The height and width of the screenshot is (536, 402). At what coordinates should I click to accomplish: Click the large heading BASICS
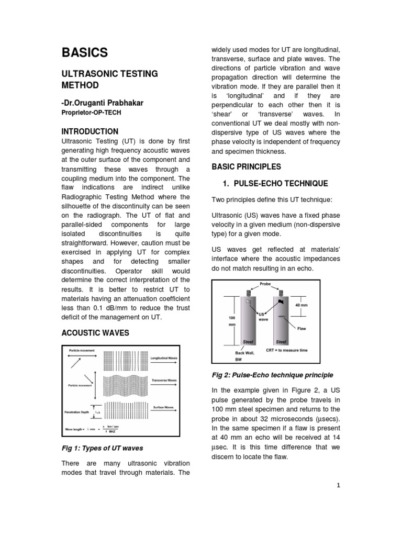85,52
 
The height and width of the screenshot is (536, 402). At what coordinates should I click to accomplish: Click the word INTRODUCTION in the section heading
91,131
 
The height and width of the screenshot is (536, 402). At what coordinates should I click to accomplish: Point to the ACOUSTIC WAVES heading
96,333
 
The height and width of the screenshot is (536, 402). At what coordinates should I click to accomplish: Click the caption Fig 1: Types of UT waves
103,448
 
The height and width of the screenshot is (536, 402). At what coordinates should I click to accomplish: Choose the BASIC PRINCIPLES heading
246,166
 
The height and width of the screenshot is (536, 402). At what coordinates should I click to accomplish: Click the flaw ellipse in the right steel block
282,317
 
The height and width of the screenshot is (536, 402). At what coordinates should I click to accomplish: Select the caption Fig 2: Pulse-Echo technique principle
272,375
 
